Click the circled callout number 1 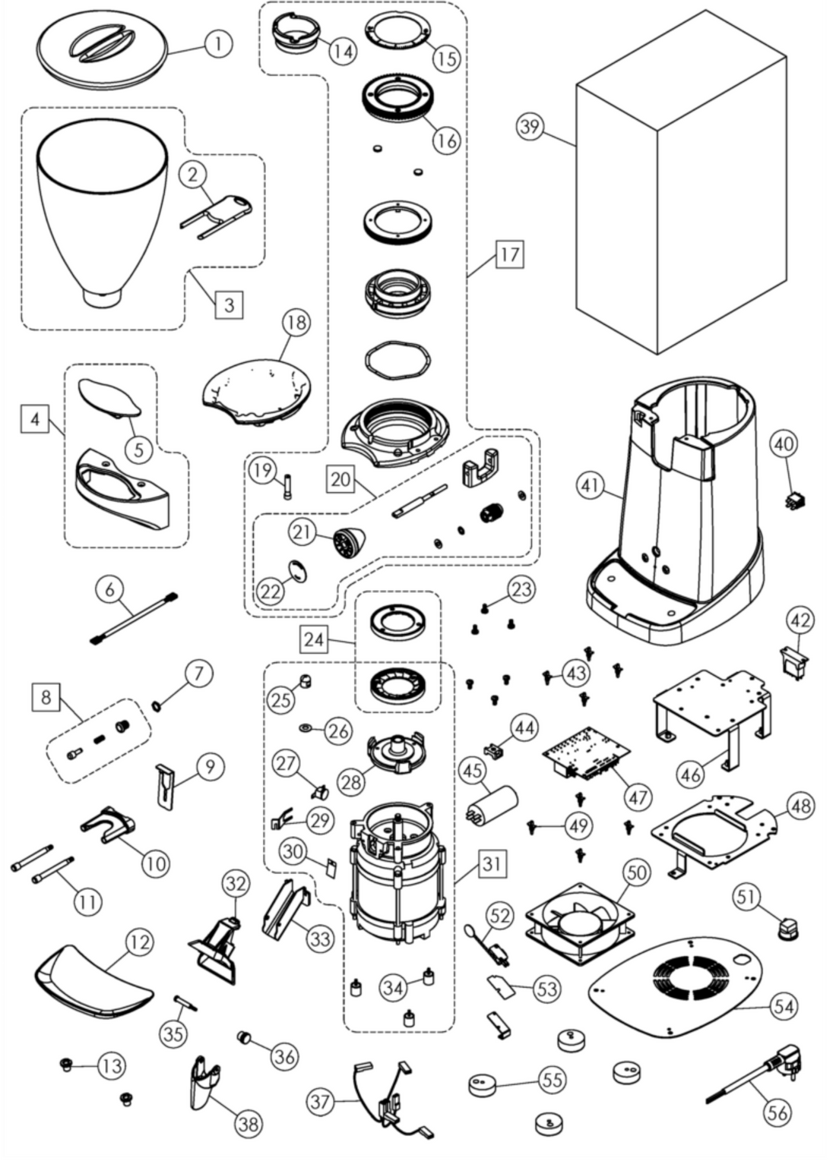tap(219, 44)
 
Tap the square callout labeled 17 tap(509, 253)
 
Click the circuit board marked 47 tap(587, 756)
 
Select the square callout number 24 tap(314, 639)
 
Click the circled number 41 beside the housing tap(591, 487)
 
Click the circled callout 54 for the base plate tap(784, 1006)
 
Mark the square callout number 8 tap(46, 696)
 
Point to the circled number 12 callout tap(139, 942)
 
